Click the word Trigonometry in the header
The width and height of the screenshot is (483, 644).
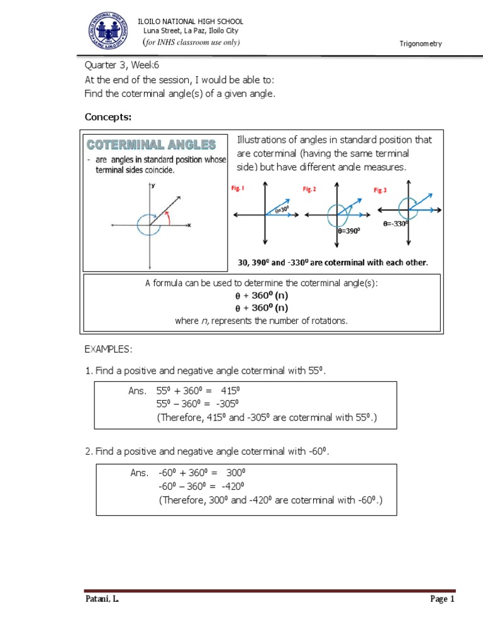pos(421,43)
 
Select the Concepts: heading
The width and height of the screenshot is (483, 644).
pos(108,117)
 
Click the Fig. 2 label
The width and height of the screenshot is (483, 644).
pos(309,189)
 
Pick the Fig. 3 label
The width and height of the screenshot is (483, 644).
pos(380,190)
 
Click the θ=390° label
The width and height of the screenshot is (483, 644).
pos(348,231)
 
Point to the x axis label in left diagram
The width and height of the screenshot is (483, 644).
pos(189,225)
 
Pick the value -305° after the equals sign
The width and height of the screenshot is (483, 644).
pos(227,404)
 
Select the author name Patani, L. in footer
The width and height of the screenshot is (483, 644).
pos(102,599)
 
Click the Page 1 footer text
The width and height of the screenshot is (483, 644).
pos(441,599)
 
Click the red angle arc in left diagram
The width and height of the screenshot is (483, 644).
pos(168,218)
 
